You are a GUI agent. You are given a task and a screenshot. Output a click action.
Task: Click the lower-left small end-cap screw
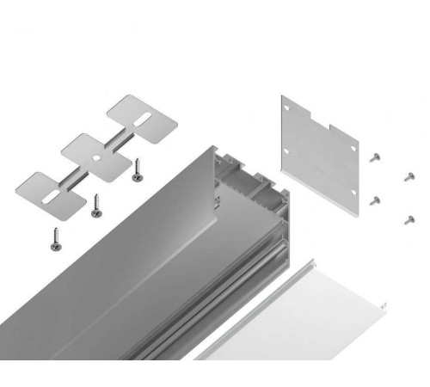[375, 200]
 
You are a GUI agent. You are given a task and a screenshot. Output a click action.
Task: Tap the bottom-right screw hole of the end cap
[355, 191]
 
